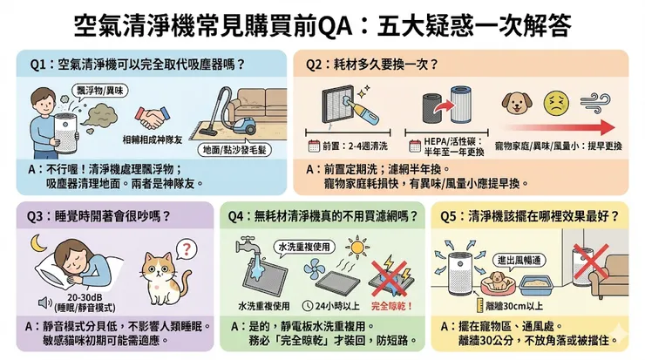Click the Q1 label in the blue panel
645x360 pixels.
point(36,65)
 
